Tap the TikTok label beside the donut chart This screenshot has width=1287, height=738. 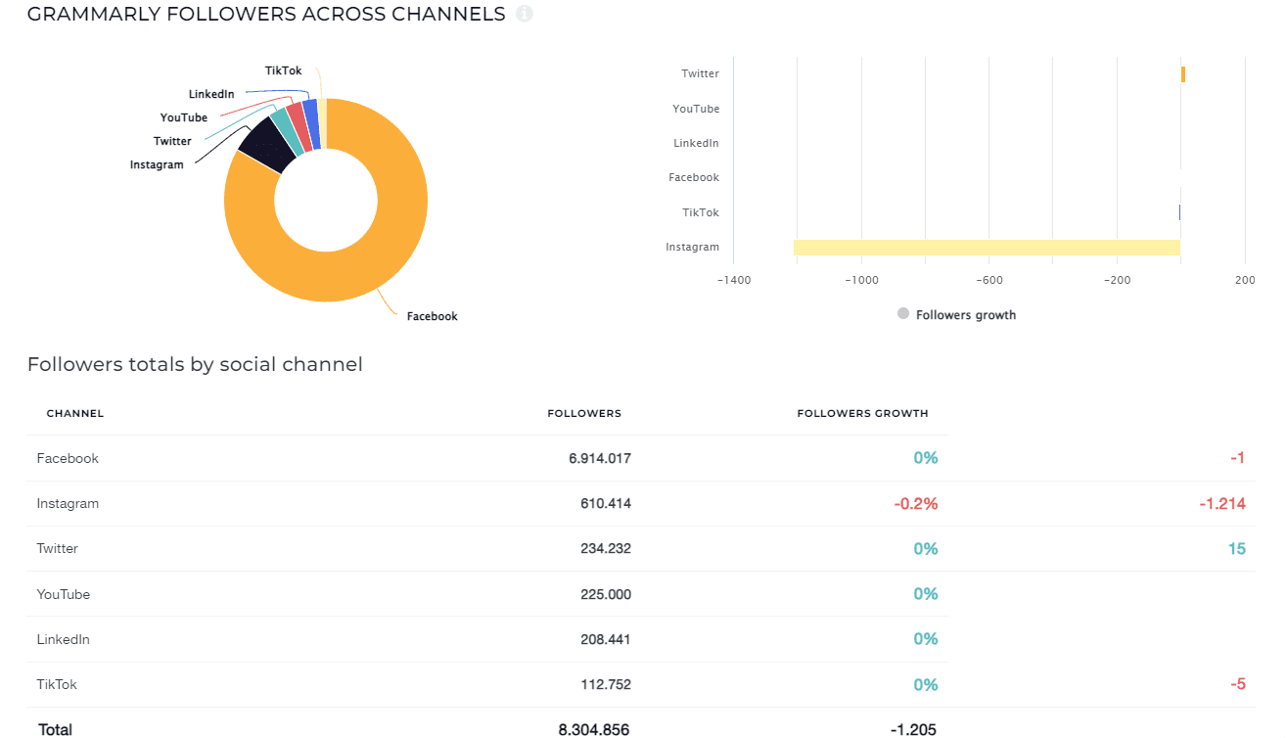click(283, 70)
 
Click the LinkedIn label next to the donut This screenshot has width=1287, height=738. click(211, 94)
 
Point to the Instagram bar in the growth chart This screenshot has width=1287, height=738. click(987, 247)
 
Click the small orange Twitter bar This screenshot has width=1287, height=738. click(1183, 74)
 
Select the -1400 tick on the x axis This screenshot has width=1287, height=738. click(734, 280)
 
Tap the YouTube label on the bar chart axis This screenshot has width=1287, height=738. click(696, 109)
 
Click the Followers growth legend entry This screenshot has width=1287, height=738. click(965, 315)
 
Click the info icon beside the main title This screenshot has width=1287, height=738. click(525, 15)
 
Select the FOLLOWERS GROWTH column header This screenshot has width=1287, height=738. click(862, 413)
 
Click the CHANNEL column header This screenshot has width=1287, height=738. click(75, 413)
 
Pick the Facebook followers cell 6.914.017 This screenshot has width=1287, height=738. click(600, 458)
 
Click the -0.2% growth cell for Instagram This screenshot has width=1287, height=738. click(915, 503)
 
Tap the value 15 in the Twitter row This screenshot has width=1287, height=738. click(1236, 549)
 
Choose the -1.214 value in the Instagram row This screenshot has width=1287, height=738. click(1221, 503)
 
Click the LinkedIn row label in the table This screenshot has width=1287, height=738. click(64, 639)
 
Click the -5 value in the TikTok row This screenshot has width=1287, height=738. click(1238, 684)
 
